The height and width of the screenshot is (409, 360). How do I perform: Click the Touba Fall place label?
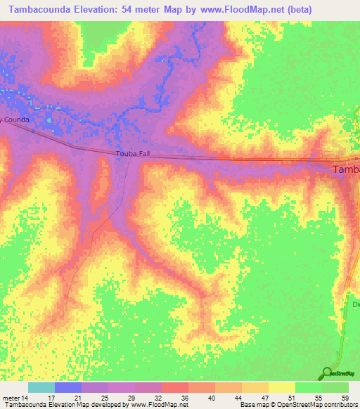pos(133,152)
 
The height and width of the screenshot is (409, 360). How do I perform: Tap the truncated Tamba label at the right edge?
pos(345,169)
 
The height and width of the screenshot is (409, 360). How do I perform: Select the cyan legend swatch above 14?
pos(41,387)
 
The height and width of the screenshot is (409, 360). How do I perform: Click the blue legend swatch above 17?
pos(68,387)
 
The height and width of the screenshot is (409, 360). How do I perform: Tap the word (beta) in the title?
pos(297,9)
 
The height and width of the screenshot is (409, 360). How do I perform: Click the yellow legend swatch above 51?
pos(281,387)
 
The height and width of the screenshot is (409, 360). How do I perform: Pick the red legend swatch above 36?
pos(174,387)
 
